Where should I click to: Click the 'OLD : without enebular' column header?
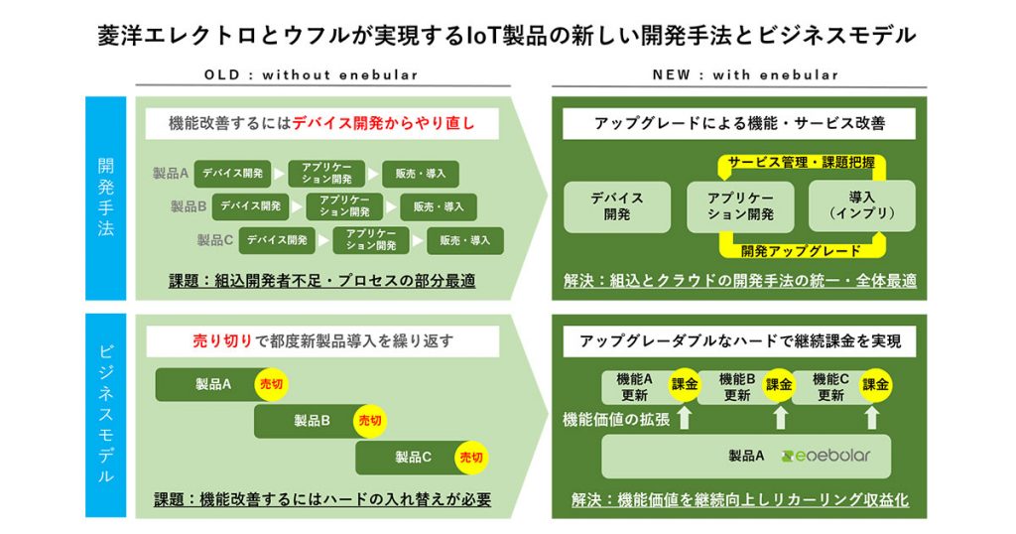tap(311, 74)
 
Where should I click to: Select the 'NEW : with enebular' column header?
tap(746, 74)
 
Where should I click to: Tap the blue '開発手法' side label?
tap(105, 198)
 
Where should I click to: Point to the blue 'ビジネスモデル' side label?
tap(105, 416)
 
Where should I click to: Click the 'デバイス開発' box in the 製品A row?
tap(232, 174)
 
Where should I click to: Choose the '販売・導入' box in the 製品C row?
tap(465, 240)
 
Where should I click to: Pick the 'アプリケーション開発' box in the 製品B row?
tap(344, 206)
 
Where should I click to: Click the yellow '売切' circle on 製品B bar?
tap(370, 421)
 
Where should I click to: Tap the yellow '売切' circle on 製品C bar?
tap(471, 458)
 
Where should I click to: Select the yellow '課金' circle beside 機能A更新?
tap(685, 384)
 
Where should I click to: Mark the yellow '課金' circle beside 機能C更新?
tap(875, 384)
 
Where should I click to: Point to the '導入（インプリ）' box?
tap(862, 206)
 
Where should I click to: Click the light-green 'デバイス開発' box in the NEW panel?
tap(617, 206)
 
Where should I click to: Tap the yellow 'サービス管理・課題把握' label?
tap(802, 163)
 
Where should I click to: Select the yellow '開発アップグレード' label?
tap(802, 251)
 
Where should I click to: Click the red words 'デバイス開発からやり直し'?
tap(384, 123)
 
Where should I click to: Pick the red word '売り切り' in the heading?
tap(222, 340)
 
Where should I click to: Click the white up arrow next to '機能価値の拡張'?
tap(685, 416)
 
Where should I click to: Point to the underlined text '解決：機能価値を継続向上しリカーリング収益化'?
tap(740, 499)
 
